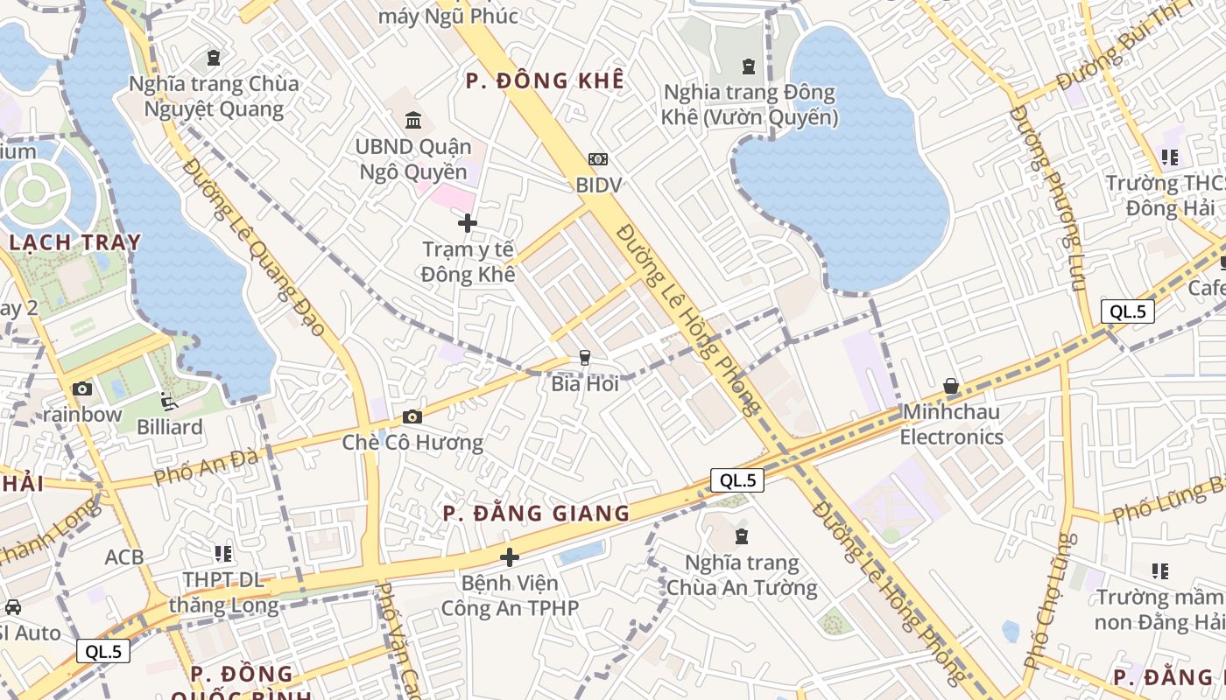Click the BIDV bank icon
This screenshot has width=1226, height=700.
coord(598,159)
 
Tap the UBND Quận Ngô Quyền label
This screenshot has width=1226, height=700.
coord(413,159)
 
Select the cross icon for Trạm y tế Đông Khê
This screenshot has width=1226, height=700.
coord(468,223)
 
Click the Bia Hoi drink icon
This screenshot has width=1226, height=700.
coord(584,358)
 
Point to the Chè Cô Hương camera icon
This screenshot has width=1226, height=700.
coord(412,417)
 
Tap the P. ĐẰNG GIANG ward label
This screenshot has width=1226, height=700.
coord(536,514)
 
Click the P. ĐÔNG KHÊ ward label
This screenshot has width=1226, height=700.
coord(545,81)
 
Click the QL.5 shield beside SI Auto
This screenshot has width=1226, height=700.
coord(103,651)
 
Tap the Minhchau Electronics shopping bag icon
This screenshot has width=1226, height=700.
coord(951,386)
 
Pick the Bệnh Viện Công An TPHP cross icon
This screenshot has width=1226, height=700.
coord(510,556)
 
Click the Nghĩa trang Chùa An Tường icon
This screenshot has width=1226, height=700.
coord(742,535)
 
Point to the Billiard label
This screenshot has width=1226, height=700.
coord(170,427)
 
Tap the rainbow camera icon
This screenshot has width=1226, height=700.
coord(82,389)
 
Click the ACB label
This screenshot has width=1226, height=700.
coord(123,556)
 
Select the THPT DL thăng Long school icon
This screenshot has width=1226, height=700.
coord(223,554)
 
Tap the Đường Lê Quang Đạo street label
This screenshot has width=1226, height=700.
coord(254,248)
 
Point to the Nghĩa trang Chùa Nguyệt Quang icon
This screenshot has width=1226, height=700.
coord(214,59)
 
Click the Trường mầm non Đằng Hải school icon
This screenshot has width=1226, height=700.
coord(1160,571)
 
